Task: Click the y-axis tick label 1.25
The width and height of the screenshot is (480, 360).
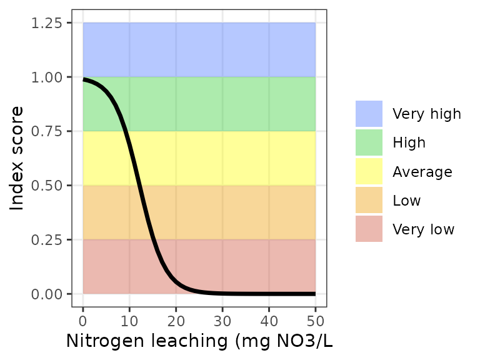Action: [47, 23]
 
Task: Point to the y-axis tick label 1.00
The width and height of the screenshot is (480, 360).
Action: [47, 77]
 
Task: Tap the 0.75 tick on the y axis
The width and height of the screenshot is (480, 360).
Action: [47, 131]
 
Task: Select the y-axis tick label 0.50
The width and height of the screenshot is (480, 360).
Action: [47, 186]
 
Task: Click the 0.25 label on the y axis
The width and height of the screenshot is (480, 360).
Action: [47, 240]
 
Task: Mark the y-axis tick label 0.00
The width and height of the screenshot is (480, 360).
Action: [47, 294]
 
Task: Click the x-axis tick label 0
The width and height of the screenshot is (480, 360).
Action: [83, 321]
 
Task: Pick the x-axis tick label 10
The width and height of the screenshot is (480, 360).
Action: [129, 321]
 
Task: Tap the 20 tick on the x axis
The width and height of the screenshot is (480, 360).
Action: [176, 321]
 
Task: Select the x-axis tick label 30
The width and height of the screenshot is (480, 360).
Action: [222, 321]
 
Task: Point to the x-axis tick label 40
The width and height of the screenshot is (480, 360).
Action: [269, 321]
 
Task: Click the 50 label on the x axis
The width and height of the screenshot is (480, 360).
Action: [315, 321]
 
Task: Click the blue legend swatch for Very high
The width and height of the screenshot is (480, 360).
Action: [369, 114]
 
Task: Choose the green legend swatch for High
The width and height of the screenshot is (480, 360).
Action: [369, 142]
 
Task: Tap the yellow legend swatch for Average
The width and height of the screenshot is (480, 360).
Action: [369, 171]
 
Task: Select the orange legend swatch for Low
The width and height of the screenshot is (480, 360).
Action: [369, 201]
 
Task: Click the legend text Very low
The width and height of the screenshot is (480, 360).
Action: [423, 229]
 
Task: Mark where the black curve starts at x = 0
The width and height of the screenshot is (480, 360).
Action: [83, 79]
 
